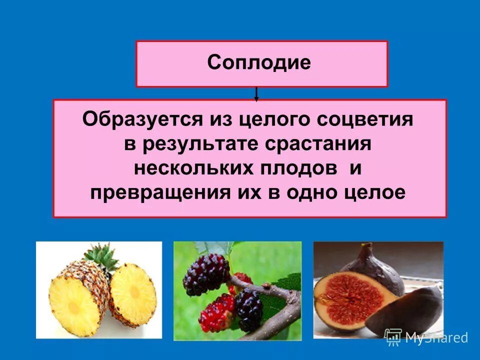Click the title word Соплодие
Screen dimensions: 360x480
click(x=259, y=63)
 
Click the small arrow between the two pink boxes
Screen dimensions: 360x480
click(x=256, y=94)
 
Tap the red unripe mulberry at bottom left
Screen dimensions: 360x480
click(x=216, y=312)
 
